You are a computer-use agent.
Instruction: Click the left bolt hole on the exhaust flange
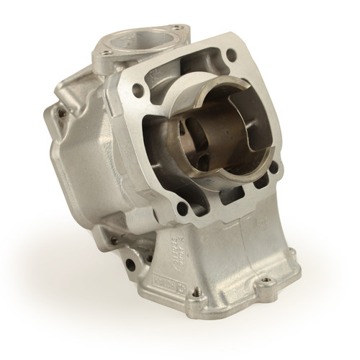pos(105,53)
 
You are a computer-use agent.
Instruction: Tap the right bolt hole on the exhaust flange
pos(178,29)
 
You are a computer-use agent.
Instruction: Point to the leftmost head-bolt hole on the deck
pos(138,89)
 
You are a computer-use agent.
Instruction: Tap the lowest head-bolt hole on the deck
pos(182,208)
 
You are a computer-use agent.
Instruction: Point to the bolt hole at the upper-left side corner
pos(61,112)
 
